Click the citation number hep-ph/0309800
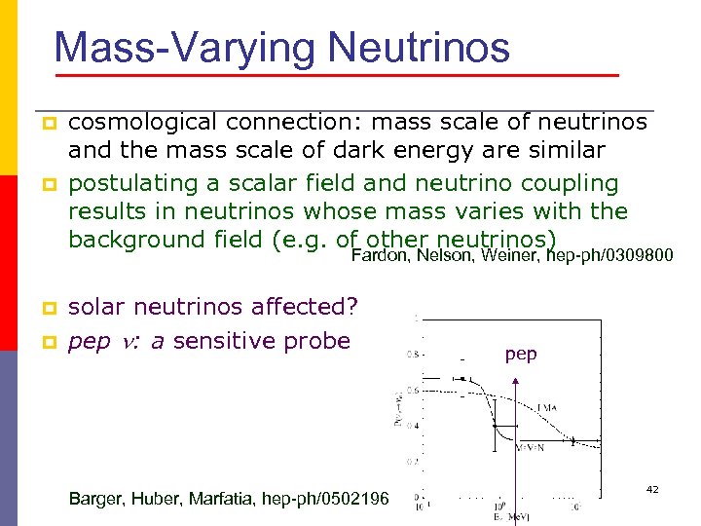609,256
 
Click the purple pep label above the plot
521,355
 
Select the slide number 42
651,488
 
